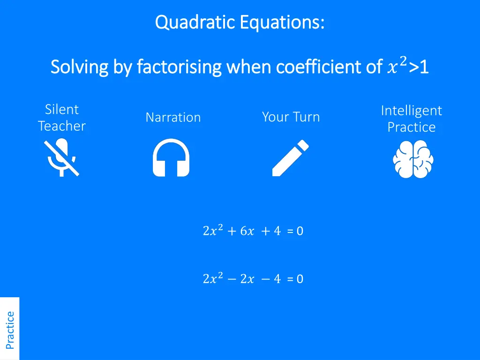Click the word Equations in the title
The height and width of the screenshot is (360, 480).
(282, 22)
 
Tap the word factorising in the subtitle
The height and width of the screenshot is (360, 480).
(179, 67)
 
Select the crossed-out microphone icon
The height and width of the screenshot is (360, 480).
(62, 157)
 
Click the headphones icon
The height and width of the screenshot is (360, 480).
(171, 157)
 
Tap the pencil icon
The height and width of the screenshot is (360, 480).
(291, 158)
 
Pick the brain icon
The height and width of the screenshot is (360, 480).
(413, 159)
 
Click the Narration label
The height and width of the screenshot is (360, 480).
(173, 117)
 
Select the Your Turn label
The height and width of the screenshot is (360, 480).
(291, 117)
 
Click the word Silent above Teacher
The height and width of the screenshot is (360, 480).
(62, 109)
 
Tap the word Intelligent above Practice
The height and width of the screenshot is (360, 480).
(412, 111)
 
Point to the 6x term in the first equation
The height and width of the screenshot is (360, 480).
(247, 231)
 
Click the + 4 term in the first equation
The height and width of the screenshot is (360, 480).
(271, 231)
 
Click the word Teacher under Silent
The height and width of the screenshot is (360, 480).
(62, 126)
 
